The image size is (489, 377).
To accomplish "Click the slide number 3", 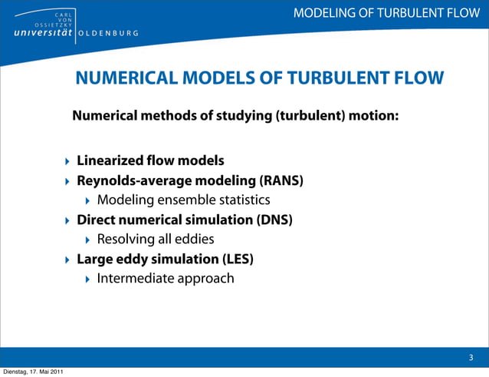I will click(471, 358).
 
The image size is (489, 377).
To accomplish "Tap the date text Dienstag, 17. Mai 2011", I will click(32, 372).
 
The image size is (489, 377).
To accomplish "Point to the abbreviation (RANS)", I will click(281, 181).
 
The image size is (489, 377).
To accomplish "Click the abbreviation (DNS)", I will click(275, 220).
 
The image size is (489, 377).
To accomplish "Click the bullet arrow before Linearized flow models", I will click(67, 162).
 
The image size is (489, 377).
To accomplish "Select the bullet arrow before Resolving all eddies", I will click(87, 240).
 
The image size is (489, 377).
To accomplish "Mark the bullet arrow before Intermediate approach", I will click(87, 278).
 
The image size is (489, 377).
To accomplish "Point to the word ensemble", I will click(189, 200).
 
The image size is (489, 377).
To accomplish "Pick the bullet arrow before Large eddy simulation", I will click(67, 259).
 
